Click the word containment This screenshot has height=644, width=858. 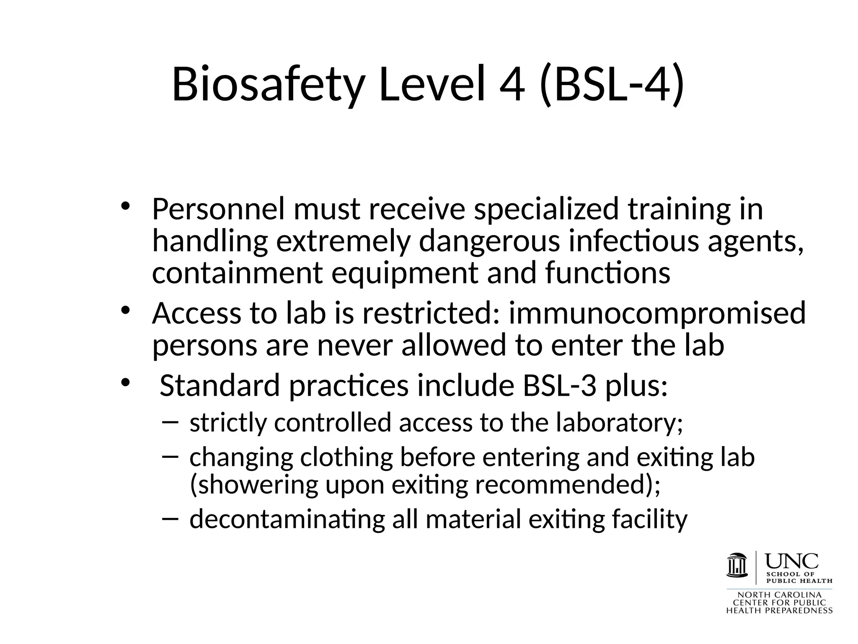coord(237,273)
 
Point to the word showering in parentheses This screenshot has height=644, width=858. coord(258,485)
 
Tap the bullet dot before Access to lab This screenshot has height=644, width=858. coord(126,311)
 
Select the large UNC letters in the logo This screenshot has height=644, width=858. coord(792,561)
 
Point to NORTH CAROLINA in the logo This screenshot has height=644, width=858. coord(779,595)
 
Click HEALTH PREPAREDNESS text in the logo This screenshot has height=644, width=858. coord(779,611)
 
